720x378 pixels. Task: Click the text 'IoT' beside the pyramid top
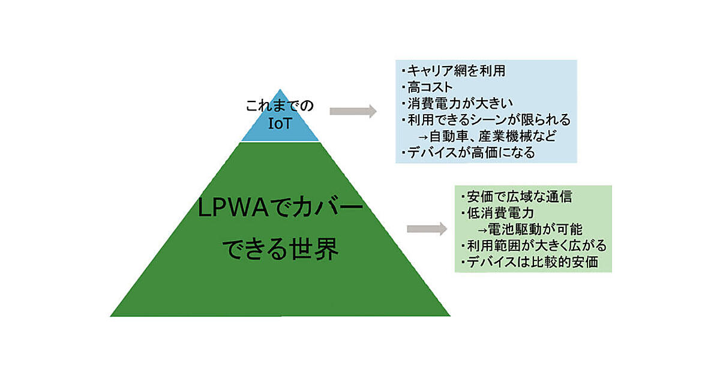[280, 125]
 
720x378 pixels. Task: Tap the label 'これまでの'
[280, 108]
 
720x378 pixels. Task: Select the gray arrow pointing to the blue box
[353, 111]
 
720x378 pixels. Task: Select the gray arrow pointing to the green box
[427, 229]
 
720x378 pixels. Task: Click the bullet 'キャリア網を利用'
[456, 71]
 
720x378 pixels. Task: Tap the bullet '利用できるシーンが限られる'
[487, 119]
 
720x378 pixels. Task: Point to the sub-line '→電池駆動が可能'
[529, 229]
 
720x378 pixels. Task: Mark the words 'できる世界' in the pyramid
[281, 249]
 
